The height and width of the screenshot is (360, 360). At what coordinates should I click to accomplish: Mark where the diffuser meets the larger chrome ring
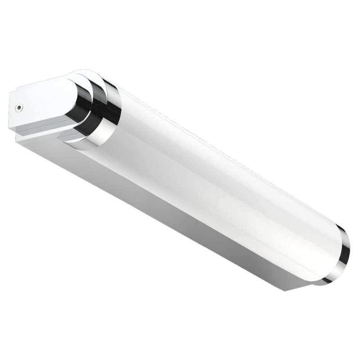(118, 117)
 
